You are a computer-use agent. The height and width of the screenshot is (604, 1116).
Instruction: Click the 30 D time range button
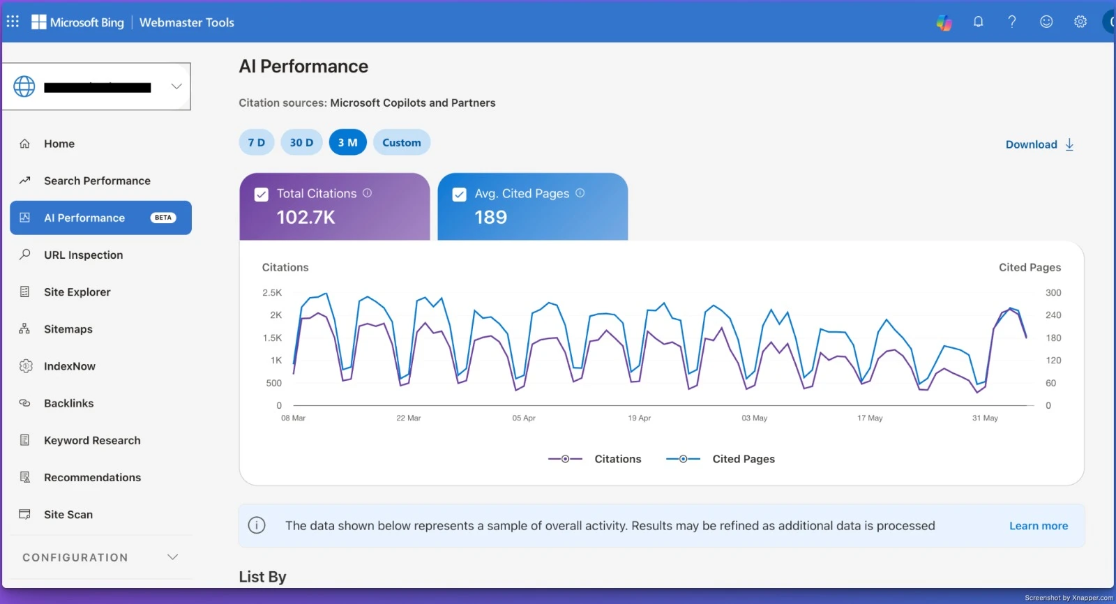click(301, 142)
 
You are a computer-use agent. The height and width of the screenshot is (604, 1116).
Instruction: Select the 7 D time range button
click(257, 142)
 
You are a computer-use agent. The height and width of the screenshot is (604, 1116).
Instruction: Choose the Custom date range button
click(402, 142)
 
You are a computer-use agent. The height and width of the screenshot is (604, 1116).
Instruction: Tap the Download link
click(1040, 144)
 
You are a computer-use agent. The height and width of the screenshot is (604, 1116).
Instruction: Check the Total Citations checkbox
click(262, 195)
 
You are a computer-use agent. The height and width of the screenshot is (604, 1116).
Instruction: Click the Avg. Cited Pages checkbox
click(460, 195)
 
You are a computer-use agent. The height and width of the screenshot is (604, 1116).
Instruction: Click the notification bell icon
click(978, 22)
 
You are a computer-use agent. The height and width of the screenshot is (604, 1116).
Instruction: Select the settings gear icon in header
click(1080, 22)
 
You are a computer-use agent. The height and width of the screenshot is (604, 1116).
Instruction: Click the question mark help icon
click(1012, 22)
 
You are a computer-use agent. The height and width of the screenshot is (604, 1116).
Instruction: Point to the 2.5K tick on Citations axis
click(272, 292)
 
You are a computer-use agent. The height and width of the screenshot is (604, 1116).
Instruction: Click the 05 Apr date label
click(524, 418)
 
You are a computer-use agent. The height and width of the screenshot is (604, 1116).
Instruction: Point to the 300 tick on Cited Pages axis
click(1053, 292)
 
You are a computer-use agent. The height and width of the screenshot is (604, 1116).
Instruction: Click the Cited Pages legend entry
click(721, 459)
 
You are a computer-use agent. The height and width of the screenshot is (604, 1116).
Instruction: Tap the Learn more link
click(1039, 526)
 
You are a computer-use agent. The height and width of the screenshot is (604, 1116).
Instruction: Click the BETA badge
click(163, 218)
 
